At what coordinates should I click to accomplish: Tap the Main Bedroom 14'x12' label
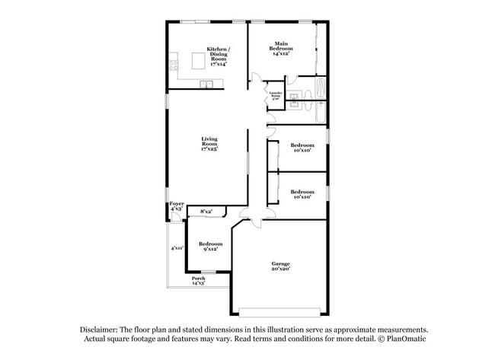[281, 49]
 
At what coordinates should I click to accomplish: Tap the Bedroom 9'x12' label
[209, 246]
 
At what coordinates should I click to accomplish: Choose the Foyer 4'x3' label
[176, 205]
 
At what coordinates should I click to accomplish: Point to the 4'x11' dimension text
[177, 247]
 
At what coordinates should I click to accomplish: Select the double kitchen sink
[206, 84]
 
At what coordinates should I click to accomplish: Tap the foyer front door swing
[176, 218]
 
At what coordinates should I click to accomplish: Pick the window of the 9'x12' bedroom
[208, 272]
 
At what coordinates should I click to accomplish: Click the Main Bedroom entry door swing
[258, 78]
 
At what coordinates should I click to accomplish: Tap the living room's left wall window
[168, 100]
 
